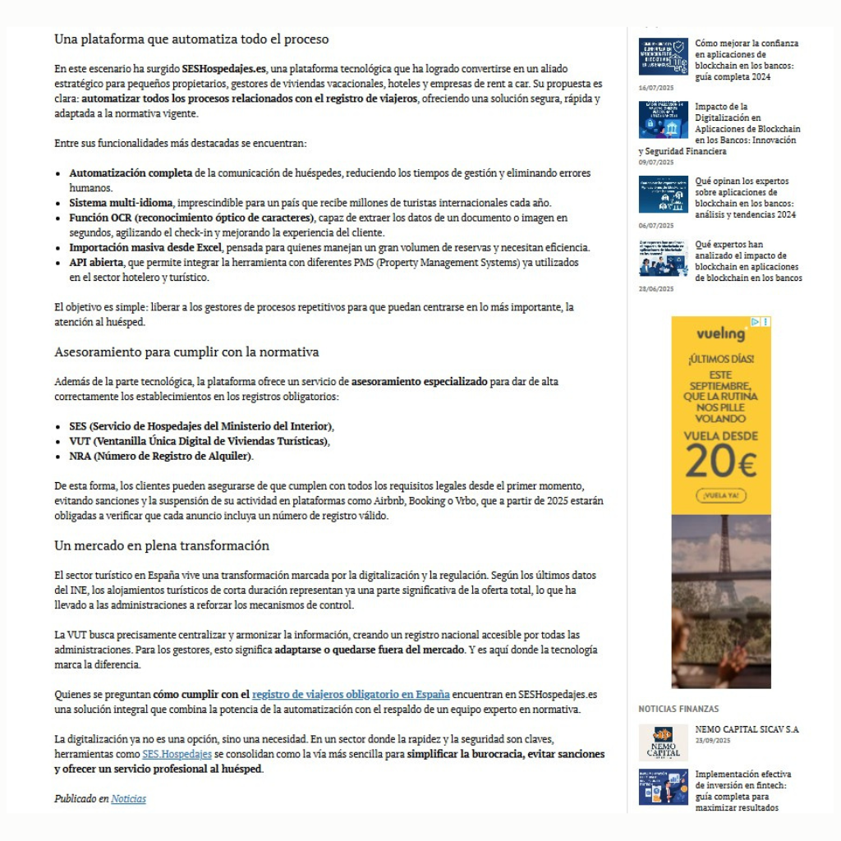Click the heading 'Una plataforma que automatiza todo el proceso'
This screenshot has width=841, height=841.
191,39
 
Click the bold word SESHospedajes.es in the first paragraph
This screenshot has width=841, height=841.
225,69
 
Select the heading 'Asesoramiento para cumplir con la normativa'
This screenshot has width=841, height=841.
186,352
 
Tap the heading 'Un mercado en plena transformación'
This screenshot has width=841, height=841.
162,545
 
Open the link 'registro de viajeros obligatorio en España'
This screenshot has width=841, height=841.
351,694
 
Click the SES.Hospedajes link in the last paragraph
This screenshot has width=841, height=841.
177,754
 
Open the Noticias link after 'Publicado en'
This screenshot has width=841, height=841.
128,798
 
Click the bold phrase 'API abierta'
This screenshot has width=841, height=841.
96,262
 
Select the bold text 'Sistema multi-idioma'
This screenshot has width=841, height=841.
121,203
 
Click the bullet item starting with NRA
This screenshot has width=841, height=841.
161,456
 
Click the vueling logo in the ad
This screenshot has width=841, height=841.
721,333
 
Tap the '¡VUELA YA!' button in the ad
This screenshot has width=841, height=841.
720,495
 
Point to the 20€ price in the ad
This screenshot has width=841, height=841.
720,463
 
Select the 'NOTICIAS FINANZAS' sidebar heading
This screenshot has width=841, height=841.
678,709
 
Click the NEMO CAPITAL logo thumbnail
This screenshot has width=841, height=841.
663,742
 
